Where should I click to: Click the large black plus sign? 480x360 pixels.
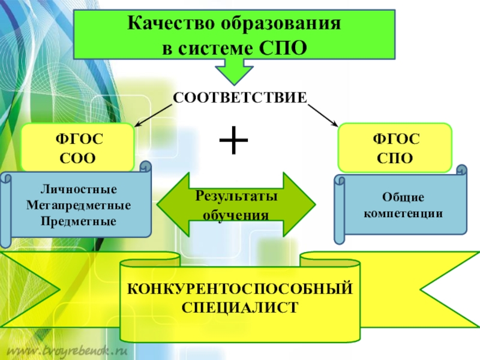[233, 142]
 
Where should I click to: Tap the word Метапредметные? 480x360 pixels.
[79, 206]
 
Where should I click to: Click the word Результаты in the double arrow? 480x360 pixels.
[235, 197]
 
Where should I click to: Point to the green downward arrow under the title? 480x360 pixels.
[233, 71]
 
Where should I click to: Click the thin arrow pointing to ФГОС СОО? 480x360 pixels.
[154, 113]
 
